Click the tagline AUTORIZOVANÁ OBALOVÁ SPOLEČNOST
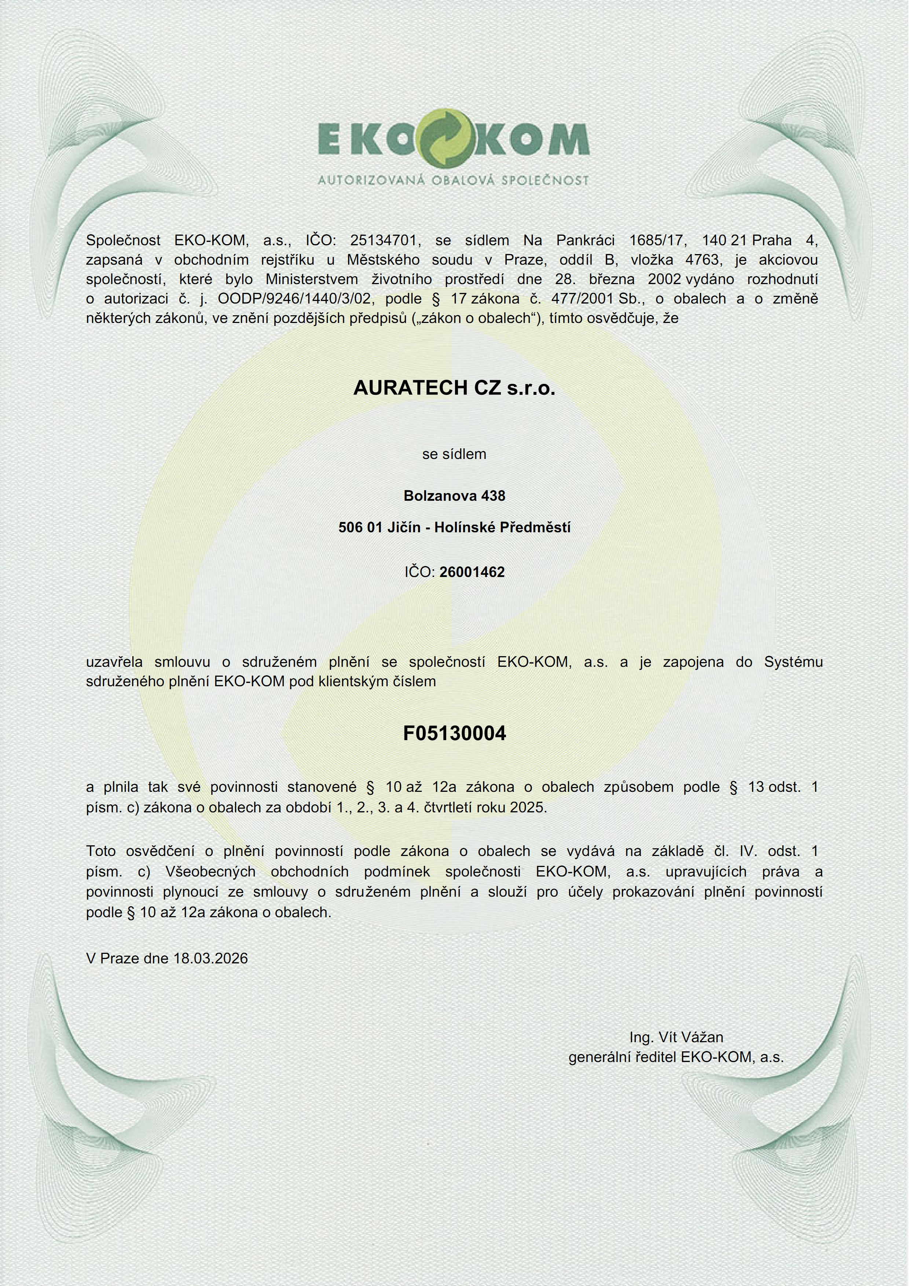pyautogui.click(x=454, y=180)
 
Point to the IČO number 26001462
pyautogui.click(x=472, y=572)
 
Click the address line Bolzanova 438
pyautogui.click(x=454, y=496)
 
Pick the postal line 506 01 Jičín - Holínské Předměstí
pyautogui.click(x=454, y=527)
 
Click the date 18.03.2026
pyautogui.click(x=210, y=958)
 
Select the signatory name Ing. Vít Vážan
pyautogui.click(x=676, y=1037)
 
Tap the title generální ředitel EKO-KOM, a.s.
pyautogui.click(x=676, y=1058)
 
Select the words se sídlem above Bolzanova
pyautogui.click(x=454, y=454)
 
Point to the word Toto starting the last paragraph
pyautogui.click(x=101, y=851)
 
